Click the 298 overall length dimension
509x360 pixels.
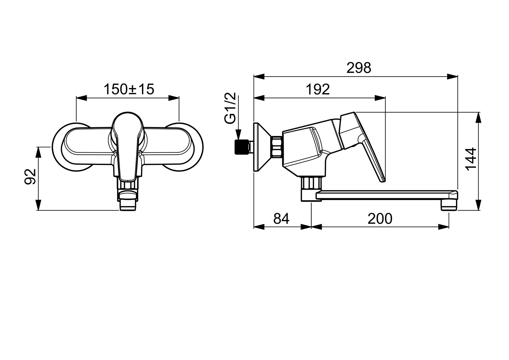[358, 68]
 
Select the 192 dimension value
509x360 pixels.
[318, 89]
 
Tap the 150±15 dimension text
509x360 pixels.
[129, 89]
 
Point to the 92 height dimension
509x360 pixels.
[31, 176]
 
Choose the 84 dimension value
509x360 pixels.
[281, 219]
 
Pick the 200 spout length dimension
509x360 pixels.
[380, 219]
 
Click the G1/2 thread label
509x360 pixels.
[231, 109]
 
